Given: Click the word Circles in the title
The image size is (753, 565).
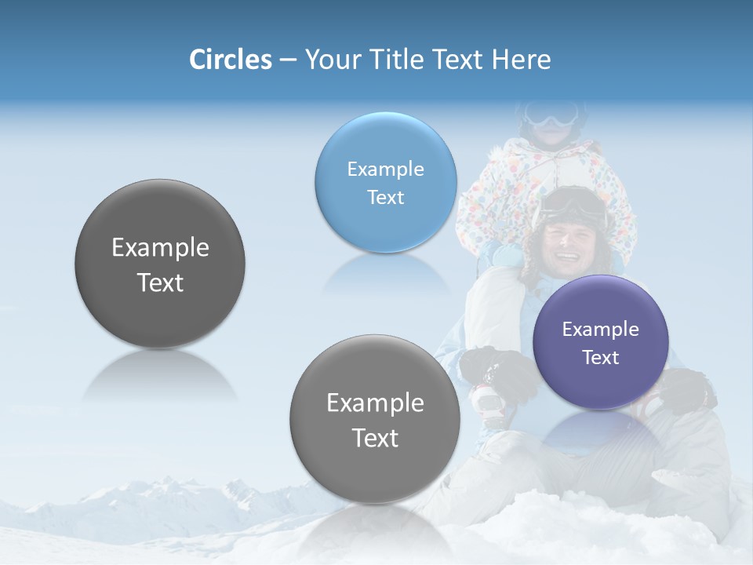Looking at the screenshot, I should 230,60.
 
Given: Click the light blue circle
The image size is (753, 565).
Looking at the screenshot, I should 385,182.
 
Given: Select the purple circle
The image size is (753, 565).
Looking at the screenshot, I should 601,342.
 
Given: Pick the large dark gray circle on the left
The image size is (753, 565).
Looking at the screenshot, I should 160,264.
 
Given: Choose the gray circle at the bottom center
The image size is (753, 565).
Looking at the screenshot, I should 375,419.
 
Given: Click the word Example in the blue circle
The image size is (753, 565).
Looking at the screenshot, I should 385,169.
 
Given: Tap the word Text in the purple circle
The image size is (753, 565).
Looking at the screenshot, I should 601,358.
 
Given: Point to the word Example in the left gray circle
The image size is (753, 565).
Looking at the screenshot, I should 160,248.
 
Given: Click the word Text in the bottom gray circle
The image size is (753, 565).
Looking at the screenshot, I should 375,438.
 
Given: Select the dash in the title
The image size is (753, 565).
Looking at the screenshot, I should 288,60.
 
